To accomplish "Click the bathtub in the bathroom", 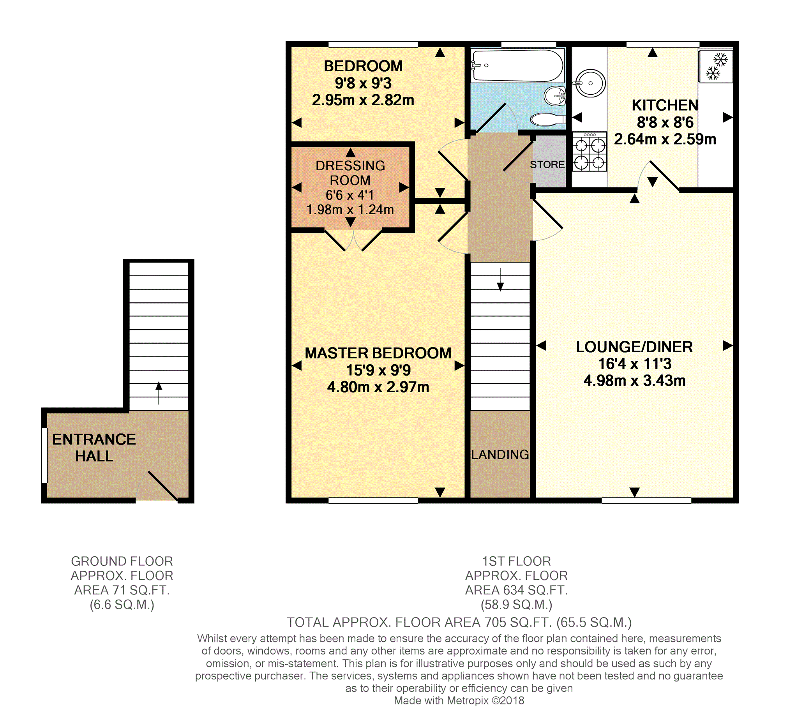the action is [x=517, y=65].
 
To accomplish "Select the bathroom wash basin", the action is [x=555, y=95].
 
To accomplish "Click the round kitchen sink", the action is [x=590, y=83].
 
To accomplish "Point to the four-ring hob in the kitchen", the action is [x=590, y=152].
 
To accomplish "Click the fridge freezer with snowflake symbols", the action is [x=716, y=66].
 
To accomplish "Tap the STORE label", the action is [x=547, y=165].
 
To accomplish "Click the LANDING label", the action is [x=500, y=454].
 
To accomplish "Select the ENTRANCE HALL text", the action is [x=94, y=448].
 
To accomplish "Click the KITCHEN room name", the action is [x=665, y=105].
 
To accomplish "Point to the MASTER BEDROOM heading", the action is [x=378, y=353].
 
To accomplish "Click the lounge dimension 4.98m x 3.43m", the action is [x=634, y=381].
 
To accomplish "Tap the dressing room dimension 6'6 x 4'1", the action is [x=350, y=195].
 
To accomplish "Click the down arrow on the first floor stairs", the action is [x=500, y=280].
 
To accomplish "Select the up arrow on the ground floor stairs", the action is [x=159, y=393].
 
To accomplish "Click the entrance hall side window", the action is [x=44, y=455].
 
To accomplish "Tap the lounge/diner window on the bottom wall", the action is [x=646, y=501].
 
